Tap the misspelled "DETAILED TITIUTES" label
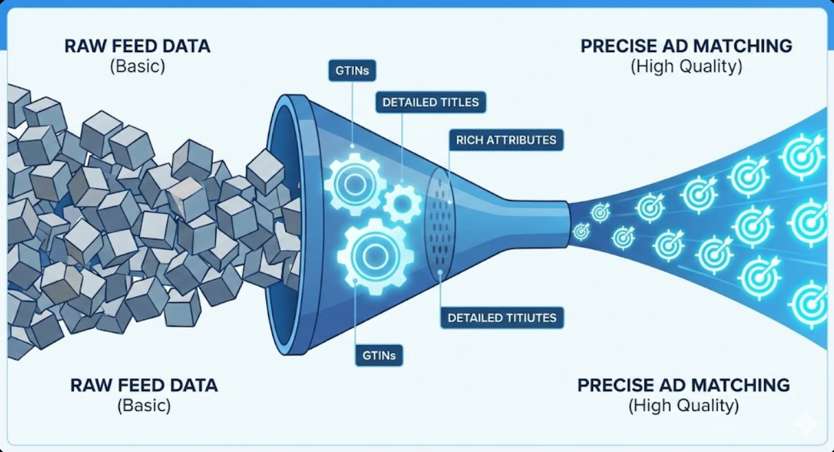(502, 317)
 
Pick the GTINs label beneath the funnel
(378, 355)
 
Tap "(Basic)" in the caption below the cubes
(144, 405)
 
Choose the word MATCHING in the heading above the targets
(743, 46)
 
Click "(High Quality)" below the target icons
(683, 405)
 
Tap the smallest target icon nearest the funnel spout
(581, 231)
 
